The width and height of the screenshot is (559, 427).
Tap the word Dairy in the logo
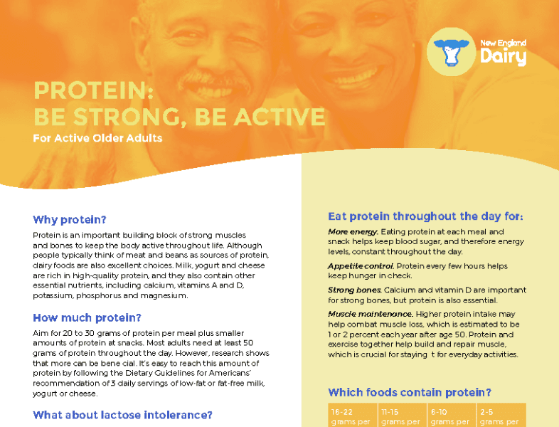coord(503,56)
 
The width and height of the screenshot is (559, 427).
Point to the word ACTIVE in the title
coord(279,117)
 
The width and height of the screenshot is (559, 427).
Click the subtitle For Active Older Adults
coord(97,138)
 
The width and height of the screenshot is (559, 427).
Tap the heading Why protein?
coord(70,219)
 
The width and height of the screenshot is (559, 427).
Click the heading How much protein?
coord(87,317)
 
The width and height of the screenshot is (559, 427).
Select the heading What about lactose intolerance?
coord(122,415)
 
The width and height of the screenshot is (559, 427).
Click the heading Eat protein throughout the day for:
coord(425,216)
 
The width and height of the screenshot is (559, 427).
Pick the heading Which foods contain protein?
coord(410,392)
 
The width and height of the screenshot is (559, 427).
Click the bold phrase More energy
coord(353,232)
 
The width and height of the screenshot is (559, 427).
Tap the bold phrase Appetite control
coord(361,266)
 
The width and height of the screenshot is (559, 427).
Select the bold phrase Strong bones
coord(355,290)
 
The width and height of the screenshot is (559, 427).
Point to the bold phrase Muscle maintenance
coord(371,314)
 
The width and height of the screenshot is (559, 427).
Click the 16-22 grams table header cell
coord(353,415)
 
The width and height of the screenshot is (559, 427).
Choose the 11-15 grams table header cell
coord(402,415)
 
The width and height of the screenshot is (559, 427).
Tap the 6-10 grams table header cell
coord(452,415)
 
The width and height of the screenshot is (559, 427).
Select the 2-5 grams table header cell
coord(501,415)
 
